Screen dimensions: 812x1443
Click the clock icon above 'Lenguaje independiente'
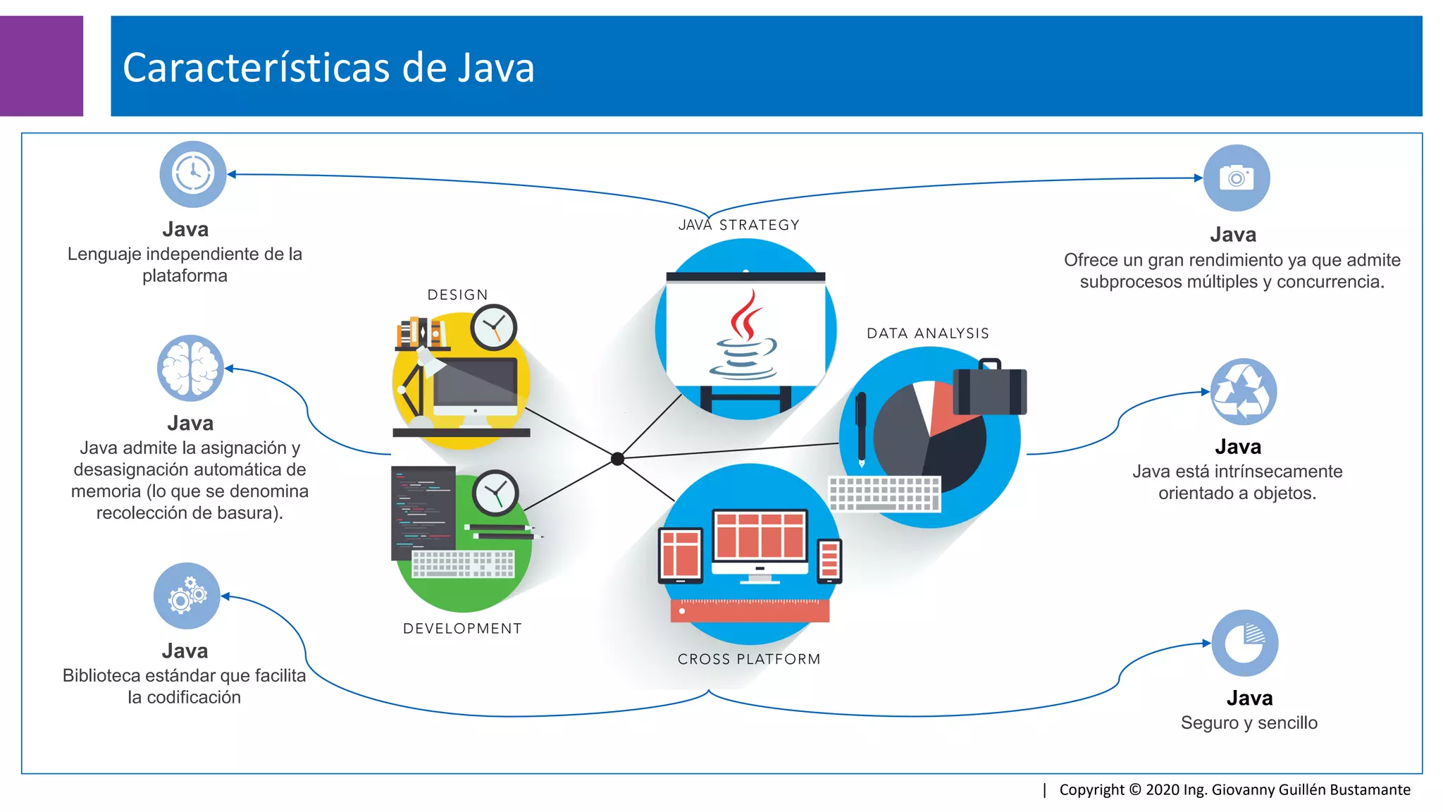(193, 174)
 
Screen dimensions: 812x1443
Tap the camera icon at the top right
(1237, 178)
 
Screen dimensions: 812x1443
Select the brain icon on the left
(190, 368)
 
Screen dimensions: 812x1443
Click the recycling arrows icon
(1244, 392)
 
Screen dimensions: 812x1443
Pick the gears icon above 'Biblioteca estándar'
(187, 596)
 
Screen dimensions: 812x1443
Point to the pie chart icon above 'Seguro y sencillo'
(1245, 643)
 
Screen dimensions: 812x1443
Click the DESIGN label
(457, 295)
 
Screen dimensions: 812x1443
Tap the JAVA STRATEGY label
(738, 225)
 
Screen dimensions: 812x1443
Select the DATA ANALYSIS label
(927, 333)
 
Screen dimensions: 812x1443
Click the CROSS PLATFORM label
(749, 659)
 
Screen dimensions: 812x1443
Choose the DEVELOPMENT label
(462, 628)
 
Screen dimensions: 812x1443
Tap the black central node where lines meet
(617, 459)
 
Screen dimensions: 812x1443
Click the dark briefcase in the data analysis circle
(989, 390)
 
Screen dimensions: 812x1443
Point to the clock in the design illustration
(494, 327)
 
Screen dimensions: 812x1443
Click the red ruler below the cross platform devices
(750, 610)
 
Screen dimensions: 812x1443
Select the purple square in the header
(41, 66)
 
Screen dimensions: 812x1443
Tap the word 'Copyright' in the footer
(1091, 789)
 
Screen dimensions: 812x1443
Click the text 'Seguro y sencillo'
(1249, 722)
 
